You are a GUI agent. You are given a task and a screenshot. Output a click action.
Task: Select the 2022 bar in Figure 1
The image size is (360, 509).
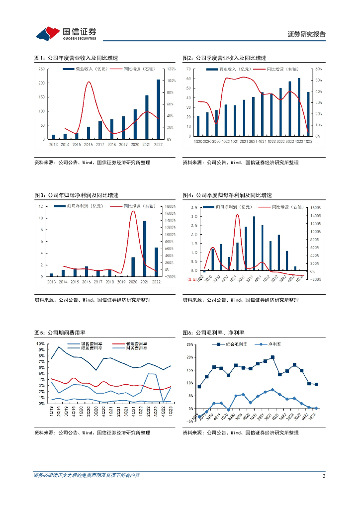(x=159, y=109)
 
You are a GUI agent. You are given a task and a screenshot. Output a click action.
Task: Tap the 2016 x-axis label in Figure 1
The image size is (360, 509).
(x=88, y=144)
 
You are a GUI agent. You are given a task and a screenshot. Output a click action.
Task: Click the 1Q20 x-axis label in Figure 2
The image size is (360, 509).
(x=198, y=141)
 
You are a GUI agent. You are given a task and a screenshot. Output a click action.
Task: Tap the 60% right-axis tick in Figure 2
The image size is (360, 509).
(x=319, y=69)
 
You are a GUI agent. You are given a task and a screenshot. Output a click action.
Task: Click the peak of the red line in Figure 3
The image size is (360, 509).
(x=133, y=211)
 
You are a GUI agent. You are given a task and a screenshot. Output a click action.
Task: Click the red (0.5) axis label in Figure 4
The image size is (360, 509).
(x=192, y=280)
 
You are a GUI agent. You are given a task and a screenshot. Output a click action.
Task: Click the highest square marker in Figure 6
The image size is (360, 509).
(x=272, y=357)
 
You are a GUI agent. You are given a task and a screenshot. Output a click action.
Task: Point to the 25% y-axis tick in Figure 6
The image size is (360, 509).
(x=189, y=344)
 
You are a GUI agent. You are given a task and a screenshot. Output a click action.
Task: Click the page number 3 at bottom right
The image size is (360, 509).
(x=324, y=477)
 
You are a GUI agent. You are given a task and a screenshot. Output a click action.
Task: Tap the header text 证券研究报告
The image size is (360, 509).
(x=307, y=34)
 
